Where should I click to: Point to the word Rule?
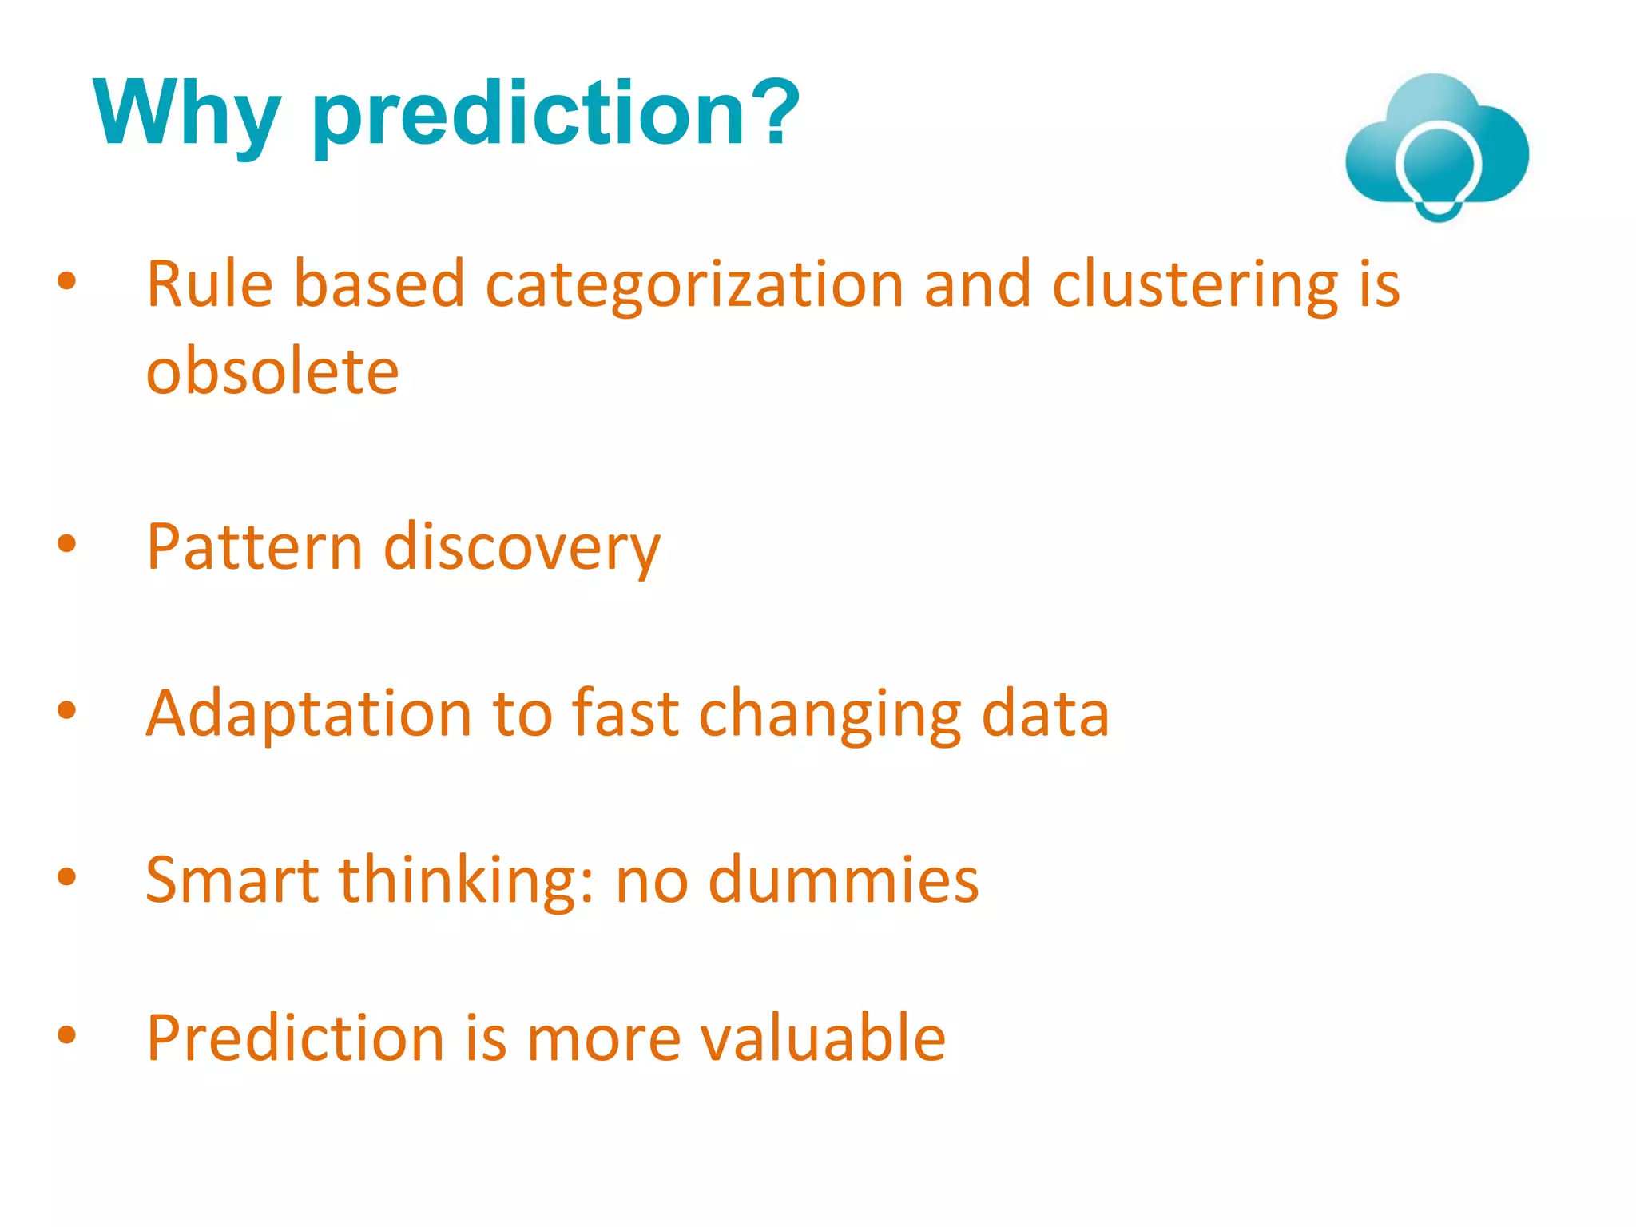pos(209,284)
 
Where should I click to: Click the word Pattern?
pos(255,547)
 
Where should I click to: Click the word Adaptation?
pos(308,715)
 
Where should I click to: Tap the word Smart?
pos(232,880)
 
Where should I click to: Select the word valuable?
pos(822,1038)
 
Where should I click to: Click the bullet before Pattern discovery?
pos(67,545)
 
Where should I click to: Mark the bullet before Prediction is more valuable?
pos(67,1035)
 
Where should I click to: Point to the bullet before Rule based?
pos(67,280)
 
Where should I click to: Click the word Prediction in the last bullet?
pos(295,1038)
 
